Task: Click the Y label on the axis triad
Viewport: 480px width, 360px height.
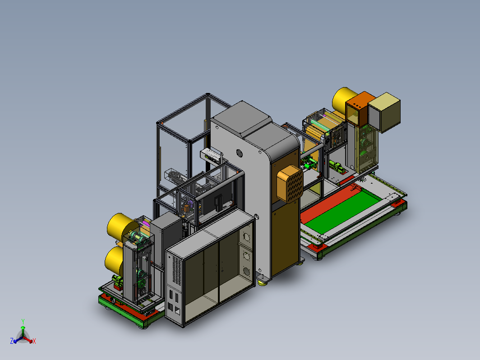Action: coord(23,321)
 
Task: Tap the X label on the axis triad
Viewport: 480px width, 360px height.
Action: coord(34,341)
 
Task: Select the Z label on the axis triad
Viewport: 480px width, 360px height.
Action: coord(12,341)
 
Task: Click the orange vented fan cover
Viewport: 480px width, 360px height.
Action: coord(290,184)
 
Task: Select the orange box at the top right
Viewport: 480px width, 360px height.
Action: coord(360,109)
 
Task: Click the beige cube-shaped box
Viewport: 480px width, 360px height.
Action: coord(384,112)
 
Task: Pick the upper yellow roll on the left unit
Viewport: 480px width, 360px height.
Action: coord(120,227)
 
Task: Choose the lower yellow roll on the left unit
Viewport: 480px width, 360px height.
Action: coord(114,260)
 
